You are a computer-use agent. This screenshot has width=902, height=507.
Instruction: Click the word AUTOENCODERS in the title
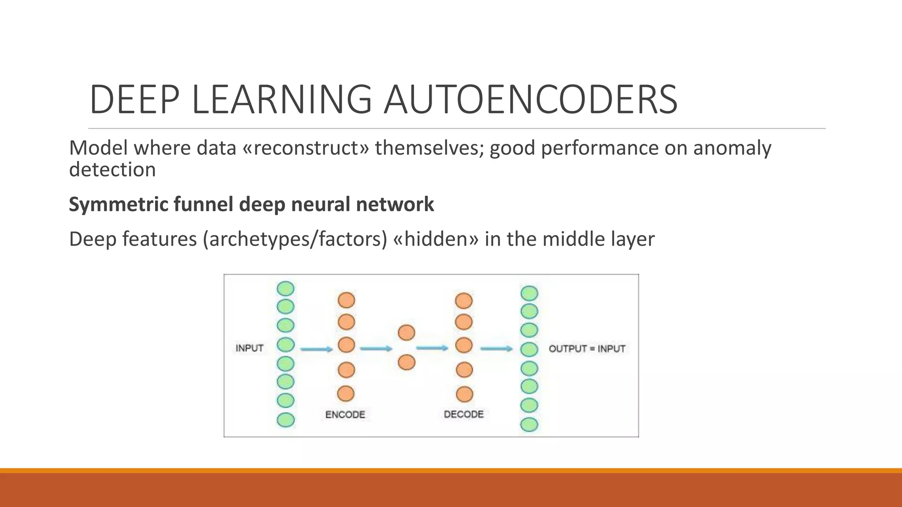(530, 100)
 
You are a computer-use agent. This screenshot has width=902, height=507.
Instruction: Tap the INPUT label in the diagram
(249, 348)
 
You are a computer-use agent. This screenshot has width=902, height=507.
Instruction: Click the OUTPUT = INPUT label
(587, 349)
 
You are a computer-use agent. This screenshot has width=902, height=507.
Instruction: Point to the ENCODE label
(345, 415)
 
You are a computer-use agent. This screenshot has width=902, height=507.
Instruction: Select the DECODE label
(463, 414)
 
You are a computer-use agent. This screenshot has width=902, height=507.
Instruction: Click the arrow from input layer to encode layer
(316, 349)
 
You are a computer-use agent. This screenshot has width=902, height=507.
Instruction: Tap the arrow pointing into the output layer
(496, 349)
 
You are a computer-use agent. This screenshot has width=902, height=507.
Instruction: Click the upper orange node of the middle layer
(406, 333)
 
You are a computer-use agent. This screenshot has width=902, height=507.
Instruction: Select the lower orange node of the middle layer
(406, 362)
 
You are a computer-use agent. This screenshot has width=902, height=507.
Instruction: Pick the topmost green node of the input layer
(285, 289)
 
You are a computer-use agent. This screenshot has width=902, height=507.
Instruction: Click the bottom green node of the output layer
(529, 425)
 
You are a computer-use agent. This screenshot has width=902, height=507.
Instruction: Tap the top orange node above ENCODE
(346, 300)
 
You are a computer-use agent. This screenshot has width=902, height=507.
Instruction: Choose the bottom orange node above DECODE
(464, 394)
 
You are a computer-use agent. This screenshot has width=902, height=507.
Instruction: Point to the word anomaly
(732, 148)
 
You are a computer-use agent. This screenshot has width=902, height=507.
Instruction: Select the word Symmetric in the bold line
(118, 204)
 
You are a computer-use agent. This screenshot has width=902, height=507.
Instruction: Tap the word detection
(112, 170)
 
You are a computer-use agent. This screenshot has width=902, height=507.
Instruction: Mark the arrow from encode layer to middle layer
(376, 349)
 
